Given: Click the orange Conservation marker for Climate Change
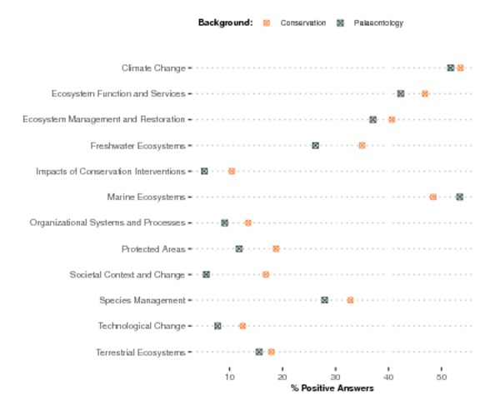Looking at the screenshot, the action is pos(460,68).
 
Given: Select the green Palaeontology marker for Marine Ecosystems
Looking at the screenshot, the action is pos(459,197).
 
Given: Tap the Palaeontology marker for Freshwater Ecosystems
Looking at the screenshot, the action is pos(315,146).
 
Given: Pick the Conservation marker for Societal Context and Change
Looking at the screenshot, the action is pos(266,274).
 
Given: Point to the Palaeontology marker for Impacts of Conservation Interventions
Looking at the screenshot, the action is pos(204,171).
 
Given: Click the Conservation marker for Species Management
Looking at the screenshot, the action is pos(350,300).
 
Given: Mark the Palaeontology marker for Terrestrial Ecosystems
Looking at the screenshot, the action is pos(259,352).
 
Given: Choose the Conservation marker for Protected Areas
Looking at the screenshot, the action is pos(276,248).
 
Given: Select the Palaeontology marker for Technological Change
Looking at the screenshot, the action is pos(217,326).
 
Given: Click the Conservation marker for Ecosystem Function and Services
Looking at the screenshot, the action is pos(425,93).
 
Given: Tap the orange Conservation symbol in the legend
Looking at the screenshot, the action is pos(267,23).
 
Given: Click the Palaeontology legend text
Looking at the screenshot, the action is pos(378,23).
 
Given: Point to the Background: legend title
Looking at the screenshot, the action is pos(226,22).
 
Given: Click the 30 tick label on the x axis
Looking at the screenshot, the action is pos(336,377).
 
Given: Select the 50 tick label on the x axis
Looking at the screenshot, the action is pos(442,377).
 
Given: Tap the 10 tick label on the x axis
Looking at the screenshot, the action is pos(230,377).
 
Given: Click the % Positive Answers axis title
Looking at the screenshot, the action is pos(332,388).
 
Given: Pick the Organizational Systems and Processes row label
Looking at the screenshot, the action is pos(107,222).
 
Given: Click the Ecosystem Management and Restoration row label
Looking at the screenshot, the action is pos(104,119).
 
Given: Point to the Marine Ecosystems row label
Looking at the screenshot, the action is pos(147,197).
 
